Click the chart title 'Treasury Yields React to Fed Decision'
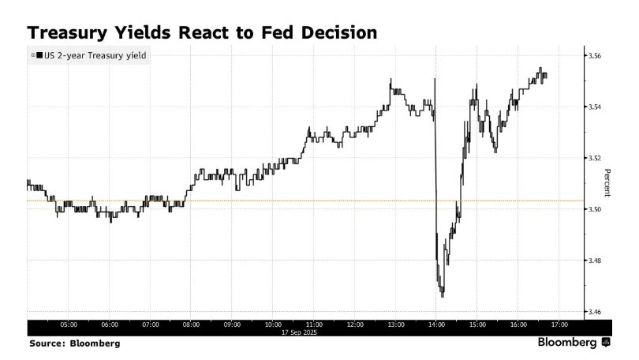(202, 33)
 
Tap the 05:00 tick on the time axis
(69, 324)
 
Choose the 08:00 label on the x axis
(191, 324)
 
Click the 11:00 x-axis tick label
(313, 324)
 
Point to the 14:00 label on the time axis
(436, 324)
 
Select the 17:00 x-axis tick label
(559, 324)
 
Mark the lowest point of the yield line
(443, 296)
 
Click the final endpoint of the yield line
(547, 76)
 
